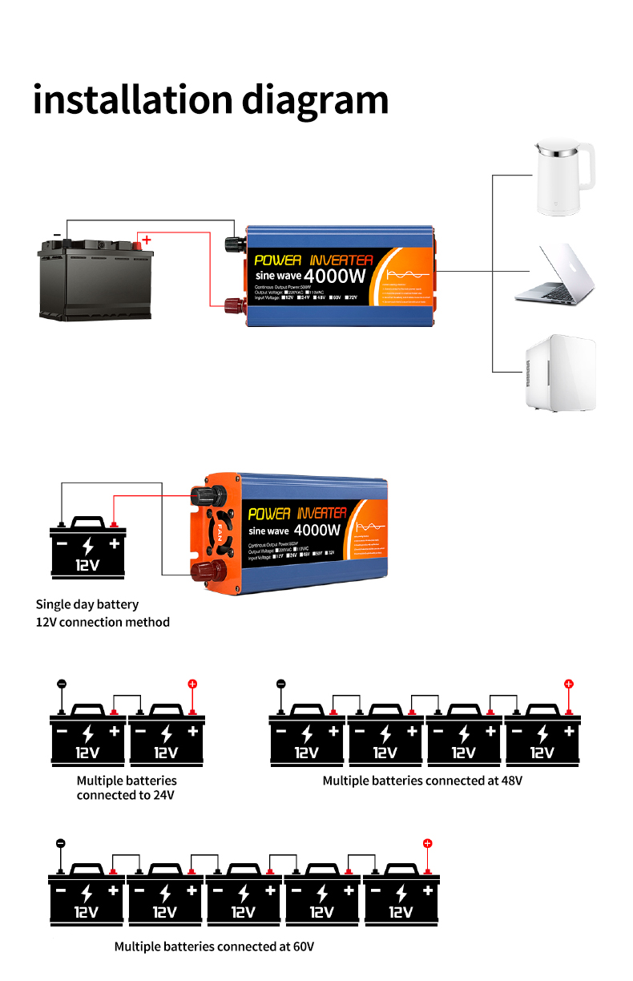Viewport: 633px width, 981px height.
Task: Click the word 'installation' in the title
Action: click(133, 100)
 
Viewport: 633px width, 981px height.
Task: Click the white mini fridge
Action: click(560, 373)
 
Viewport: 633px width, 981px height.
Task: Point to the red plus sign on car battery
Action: click(147, 239)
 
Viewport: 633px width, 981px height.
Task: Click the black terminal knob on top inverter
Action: click(236, 242)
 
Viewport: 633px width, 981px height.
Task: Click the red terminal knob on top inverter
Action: click(236, 305)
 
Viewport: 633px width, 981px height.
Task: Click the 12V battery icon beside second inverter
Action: click(88, 547)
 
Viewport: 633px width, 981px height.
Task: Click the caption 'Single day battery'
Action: click(87, 604)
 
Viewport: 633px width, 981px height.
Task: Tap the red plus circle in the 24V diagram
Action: click(192, 684)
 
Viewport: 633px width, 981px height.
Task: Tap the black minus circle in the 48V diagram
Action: click(280, 684)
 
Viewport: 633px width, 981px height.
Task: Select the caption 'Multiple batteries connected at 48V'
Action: click(422, 780)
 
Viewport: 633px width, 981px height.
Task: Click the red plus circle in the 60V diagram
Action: click(427, 843)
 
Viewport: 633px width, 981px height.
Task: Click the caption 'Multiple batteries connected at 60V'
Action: click(214, 947)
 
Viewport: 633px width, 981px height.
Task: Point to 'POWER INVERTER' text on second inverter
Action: click(297, 513)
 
